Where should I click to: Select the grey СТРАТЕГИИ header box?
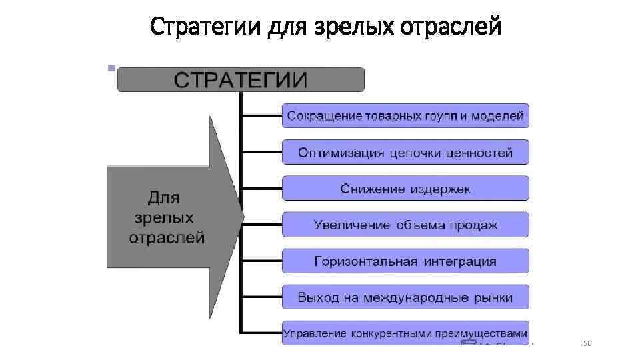(241, 79)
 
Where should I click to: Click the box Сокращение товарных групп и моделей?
(405, 115)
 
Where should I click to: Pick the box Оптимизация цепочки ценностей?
(405, 152)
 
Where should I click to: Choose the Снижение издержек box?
(405, 189)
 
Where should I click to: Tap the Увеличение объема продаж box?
(405, 225)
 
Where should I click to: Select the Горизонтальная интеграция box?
(405, 261)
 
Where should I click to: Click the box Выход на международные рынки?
(405, 297)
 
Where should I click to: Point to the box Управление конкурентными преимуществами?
(405, 333)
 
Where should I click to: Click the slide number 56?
(587, 343)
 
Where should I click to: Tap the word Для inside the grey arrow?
(163, 198)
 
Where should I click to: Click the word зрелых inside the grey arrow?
(164, 218)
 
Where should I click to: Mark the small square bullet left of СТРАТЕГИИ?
(110, 68)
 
